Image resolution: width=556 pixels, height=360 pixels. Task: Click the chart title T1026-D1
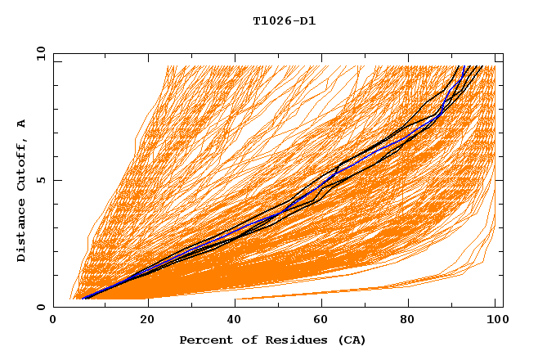pyautogui.click(x=284, y=21)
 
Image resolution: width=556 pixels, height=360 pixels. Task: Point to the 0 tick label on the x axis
pyautogui.click(x=53, y=322)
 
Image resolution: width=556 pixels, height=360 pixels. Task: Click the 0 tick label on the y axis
pyautogui.click(x=40, y=308)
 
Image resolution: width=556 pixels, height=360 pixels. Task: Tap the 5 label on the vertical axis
pyautogui.click(x=40, y=180)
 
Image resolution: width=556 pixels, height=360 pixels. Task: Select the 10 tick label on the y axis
pyautogui.click(x=38, y=53)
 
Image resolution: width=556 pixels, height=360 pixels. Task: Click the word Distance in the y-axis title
pyautogui.click(x=22, y=232)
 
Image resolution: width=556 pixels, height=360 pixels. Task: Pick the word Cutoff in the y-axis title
pyautogui.click(x=22, y=165)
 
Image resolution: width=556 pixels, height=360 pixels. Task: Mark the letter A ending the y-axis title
pyautogui.click(x=22, y=124)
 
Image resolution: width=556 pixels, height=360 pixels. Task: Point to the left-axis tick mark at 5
pyautogui.click(x=56, y=180)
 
